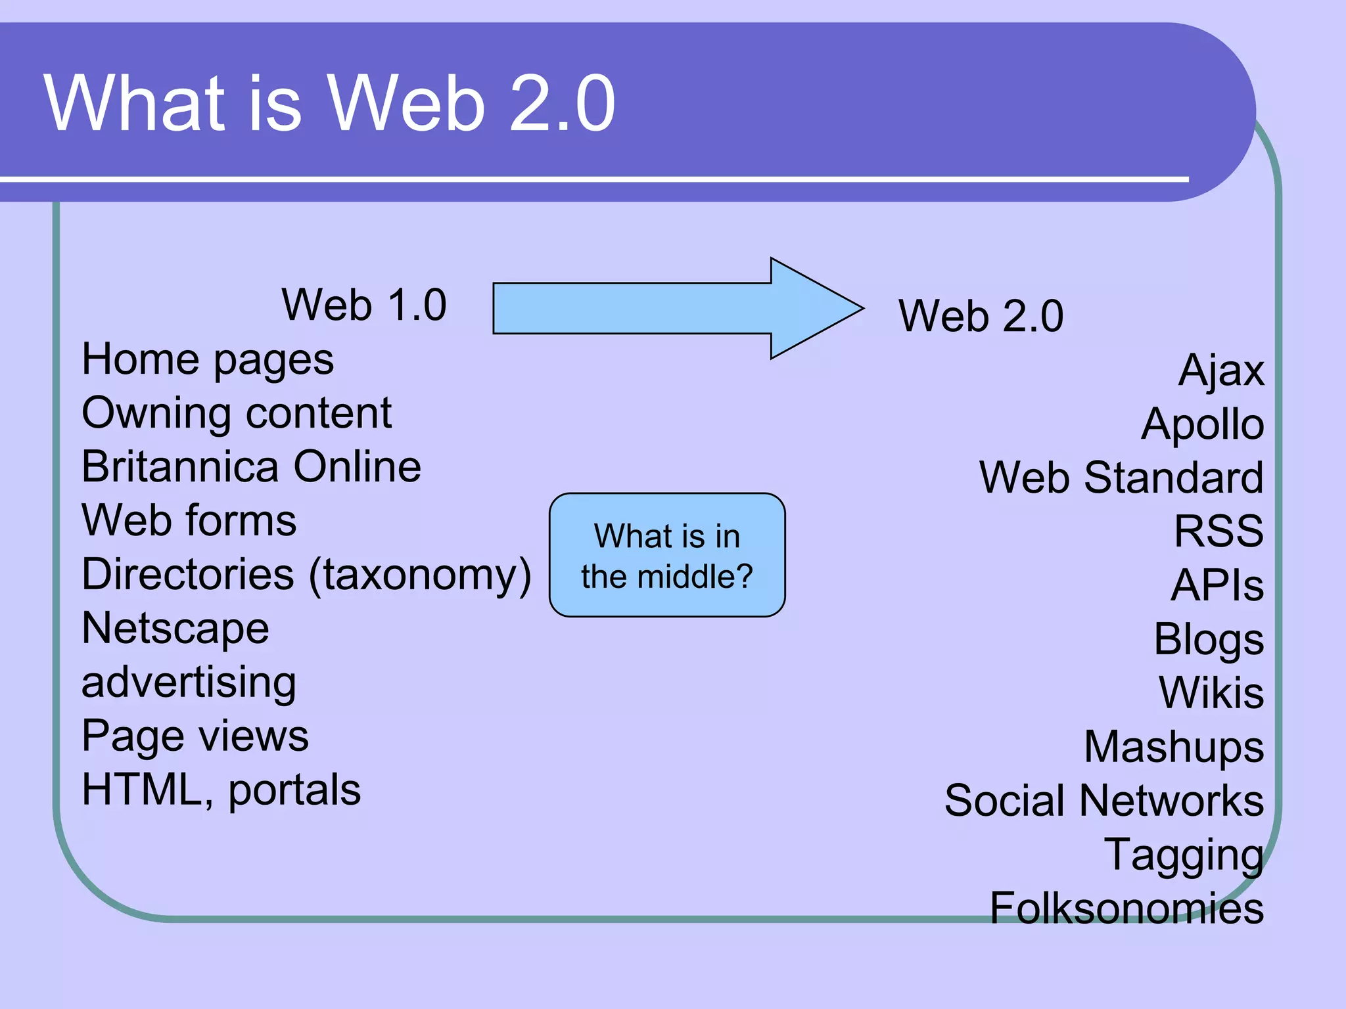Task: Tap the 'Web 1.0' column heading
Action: (363, 305)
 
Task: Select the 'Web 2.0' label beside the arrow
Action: (980, 316)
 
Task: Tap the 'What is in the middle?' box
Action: (666, 555)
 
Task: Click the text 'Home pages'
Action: (207, 360)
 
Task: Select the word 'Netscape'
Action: (175, 629)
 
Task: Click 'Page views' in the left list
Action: (195, 736)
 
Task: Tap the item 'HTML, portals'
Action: (221, 790)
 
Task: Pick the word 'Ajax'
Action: (1220, 371)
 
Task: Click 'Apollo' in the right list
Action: (1202, 424)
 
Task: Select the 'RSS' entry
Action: (1218, 531)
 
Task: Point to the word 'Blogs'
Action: (1208, 639)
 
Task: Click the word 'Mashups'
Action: (1173, 747)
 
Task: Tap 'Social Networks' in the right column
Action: (1103, 801)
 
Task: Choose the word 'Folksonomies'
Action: (1126, 908)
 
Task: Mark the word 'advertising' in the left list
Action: (189, 683)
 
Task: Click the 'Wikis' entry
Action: (1211, 693)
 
